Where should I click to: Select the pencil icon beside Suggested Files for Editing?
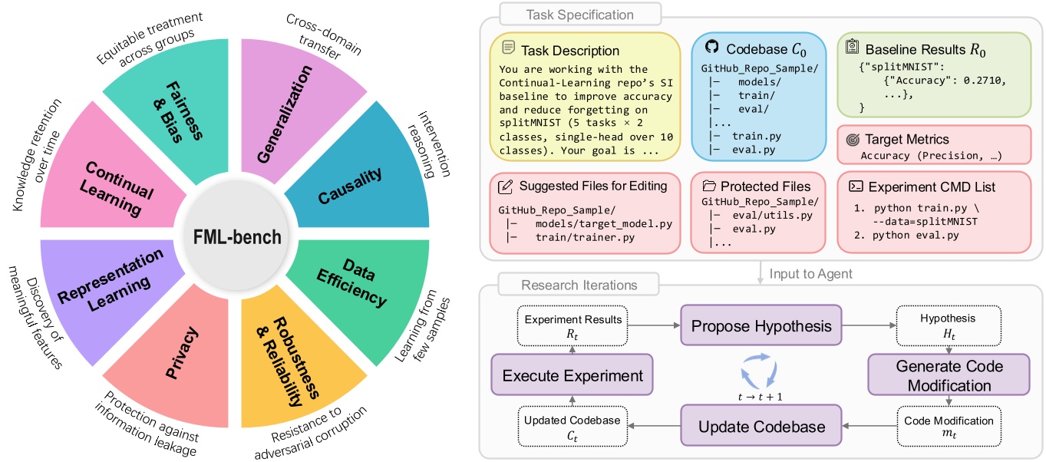pyautogui.click(x=505, y=186)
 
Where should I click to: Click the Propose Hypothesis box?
pyautogui.click(x=761, y=326)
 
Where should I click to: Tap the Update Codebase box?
pyautogui.click(x=761, y=426)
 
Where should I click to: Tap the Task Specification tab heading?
pyautogui.click(x=569, y=15)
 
